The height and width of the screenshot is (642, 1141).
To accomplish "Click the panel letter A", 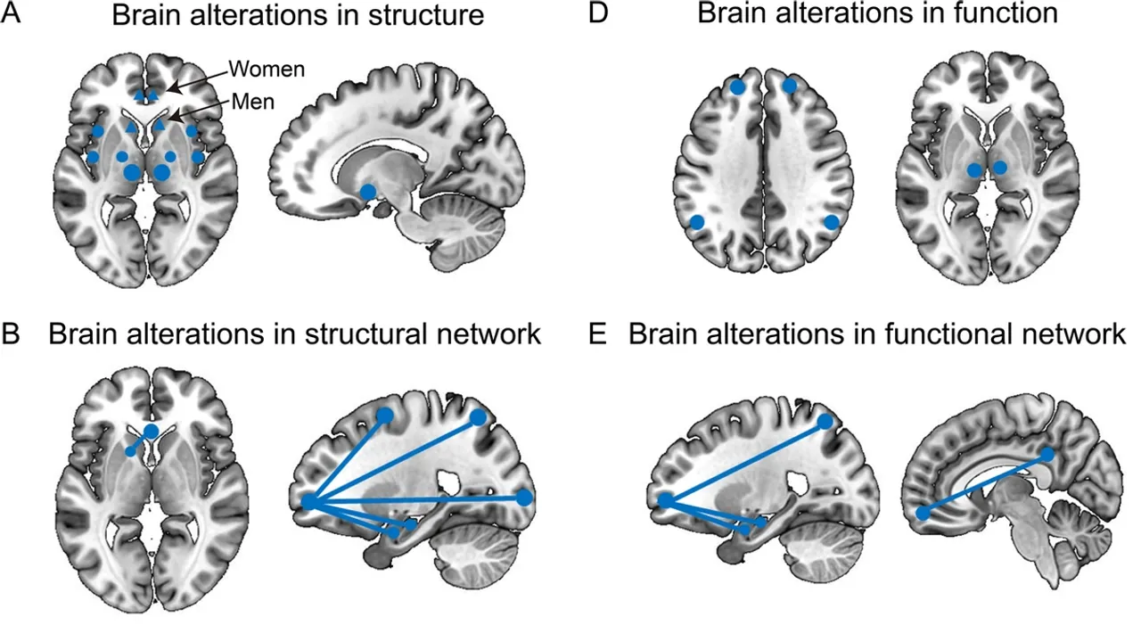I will click(12, 19).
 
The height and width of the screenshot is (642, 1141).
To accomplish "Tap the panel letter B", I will click(12, 334).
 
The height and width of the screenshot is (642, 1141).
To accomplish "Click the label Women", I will click(266, 69).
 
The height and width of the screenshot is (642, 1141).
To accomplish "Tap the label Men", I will click(252, 103).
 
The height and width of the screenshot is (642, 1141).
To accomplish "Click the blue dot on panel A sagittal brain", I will click(367, 192).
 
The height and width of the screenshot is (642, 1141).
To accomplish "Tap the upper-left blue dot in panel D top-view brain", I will click(737, 86).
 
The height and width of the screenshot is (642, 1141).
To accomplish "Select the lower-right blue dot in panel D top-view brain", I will click(832, 221).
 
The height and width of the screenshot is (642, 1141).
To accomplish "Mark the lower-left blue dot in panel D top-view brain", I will click(697, 221).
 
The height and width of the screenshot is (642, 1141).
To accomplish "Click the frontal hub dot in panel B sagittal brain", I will click(309, 502).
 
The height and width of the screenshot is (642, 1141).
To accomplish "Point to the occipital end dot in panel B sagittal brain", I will click(524, 497).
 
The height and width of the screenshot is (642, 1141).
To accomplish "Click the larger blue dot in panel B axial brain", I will click(151, 432).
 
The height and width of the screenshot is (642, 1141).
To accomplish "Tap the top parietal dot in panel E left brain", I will click(825, 421).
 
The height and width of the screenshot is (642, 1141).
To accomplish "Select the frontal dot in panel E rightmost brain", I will click(924, 513).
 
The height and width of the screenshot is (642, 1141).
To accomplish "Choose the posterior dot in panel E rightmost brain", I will click(1047, 455).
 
